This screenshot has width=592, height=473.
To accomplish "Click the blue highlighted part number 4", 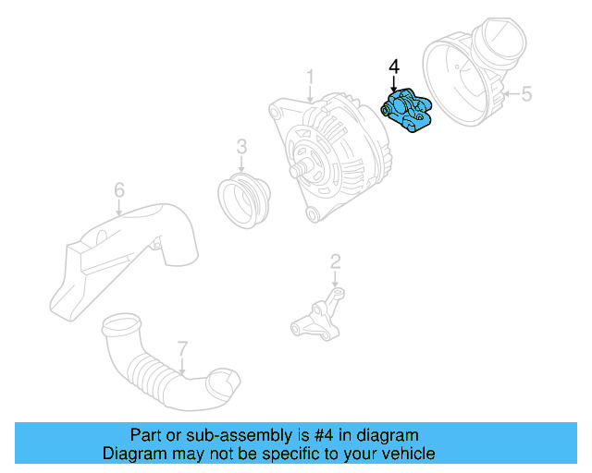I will (408, 110).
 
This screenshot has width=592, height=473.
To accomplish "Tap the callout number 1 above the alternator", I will (311, 78).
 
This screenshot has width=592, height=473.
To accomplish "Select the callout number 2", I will (335, 261).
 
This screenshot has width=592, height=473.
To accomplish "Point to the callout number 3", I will (241, 146).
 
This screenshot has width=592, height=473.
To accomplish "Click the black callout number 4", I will (394, 67).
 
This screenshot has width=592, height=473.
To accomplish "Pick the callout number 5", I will (526, 93).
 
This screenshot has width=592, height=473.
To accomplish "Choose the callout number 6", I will (119, 190).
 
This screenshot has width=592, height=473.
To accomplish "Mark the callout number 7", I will (182, 348).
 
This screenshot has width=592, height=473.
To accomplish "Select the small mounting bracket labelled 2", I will (317, 318).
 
